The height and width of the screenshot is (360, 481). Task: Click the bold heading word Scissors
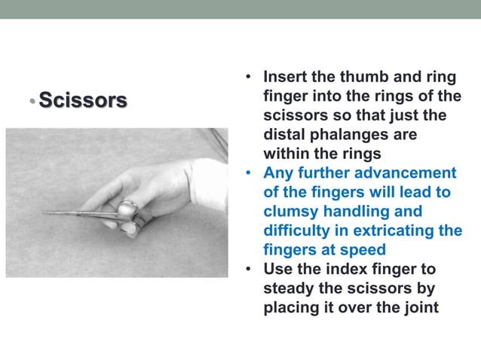(x=82, y=99)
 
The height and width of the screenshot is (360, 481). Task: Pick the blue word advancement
(x=409, y=173)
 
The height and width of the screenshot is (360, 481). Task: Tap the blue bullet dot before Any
(x=248, y=173)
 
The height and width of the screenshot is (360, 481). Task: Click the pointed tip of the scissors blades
(x=44, y=212)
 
